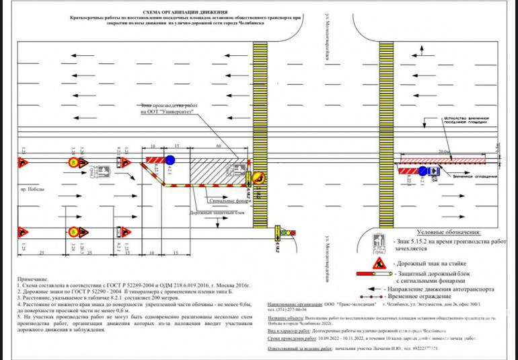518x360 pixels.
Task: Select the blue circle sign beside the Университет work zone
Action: [170, 160]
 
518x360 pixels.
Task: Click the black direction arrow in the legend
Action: [381, 287]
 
